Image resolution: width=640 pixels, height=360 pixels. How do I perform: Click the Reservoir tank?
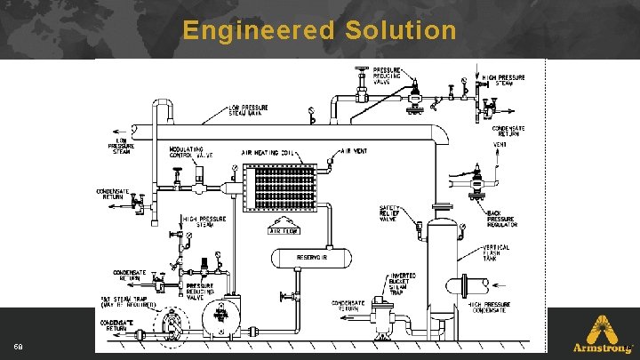coord(311,257)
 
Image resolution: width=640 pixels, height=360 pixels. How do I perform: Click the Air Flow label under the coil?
coord(286,230)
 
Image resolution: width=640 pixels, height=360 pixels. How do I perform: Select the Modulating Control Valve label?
coord(190,152)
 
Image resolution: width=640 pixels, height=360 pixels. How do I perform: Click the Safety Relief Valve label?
coord(392,213)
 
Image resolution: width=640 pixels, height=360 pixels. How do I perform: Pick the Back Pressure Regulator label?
coord(502,219)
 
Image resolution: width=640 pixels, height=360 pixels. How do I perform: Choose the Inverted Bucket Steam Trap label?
coord(404,283)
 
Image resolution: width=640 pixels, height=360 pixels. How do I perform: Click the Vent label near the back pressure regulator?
coord(500,146)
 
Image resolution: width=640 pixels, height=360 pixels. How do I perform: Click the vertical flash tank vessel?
coord(442,267)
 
